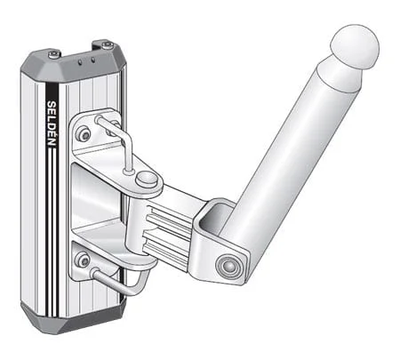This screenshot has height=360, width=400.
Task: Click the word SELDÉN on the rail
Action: (x=52, y=124)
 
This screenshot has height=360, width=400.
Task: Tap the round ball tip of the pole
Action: (x=356, y=46)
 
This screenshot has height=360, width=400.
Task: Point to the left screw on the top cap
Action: (x=54, y=53)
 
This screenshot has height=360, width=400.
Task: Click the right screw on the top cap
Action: (x=107, y=45)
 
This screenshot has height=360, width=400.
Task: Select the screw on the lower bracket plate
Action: (x=83, y=260)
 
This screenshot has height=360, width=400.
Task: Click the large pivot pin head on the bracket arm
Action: (x=147, y=180)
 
